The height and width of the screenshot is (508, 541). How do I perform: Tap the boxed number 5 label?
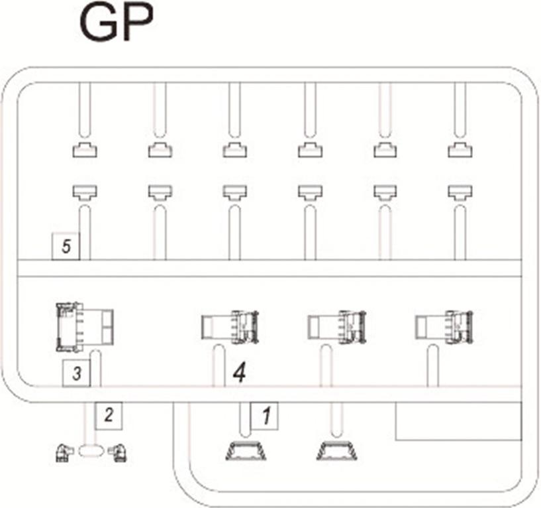click(66, 246)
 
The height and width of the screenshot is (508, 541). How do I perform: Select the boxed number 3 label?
click(76, 373)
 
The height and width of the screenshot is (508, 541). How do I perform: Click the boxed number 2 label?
click(109, 415)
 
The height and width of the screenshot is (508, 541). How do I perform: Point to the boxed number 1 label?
click(265, 416)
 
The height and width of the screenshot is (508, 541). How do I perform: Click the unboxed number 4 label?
click(240, 373)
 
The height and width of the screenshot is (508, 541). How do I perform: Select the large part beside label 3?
click(85, 327)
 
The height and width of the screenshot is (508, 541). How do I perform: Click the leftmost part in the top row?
click(85, 150)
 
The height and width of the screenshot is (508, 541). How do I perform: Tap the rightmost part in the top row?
click(460, 150)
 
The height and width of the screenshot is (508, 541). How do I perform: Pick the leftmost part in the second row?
click(85, 192)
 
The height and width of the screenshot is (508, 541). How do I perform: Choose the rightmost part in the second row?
click(460, 192)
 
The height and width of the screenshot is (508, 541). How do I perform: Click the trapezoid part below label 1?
click(246, 451)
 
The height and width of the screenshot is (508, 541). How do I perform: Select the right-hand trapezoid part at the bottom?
click(337, 451)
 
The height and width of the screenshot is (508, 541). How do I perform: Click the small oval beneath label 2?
click(91, 451)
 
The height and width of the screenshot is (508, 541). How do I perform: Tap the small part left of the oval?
click(64, 453)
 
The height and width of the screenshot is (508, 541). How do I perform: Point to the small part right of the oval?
click(117, 453)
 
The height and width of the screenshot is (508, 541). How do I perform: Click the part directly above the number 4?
click(230, 327)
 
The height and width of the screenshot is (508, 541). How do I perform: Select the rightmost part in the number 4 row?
click(444, 327)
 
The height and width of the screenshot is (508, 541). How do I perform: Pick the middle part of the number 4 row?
click(337, 327)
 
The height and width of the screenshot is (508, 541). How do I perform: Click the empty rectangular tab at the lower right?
click(458, 421)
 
